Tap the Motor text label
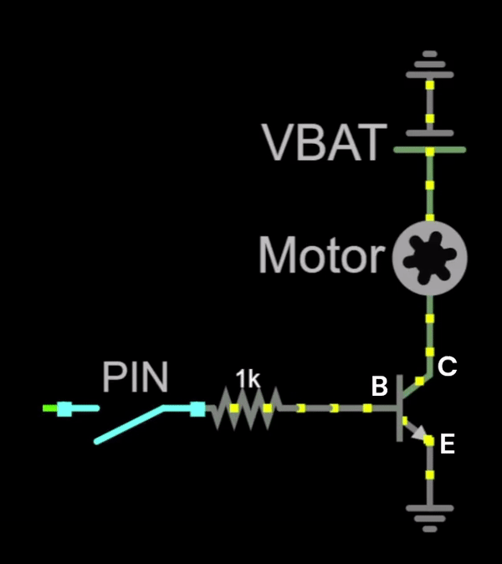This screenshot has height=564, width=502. pyautogui.click(x=320, y=255)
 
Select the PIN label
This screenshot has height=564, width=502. pyautogui.click(x=135, y=377)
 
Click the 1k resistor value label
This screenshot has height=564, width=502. pyautogui.click(x=247, y=379)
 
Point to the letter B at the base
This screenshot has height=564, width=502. pyautogui.click(x=379, y=387)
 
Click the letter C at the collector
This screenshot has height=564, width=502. pyautogui.click(x=447, y=366)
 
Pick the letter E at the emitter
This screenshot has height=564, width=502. pyautogui.click(x=447, y=444)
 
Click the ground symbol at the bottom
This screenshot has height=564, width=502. pyautogui.click(x=429, y=515)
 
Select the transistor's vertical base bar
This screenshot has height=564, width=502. pyautogui.click(x=399, y=408)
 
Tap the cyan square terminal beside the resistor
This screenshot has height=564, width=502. pyautogui.click(x=197, y=408)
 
